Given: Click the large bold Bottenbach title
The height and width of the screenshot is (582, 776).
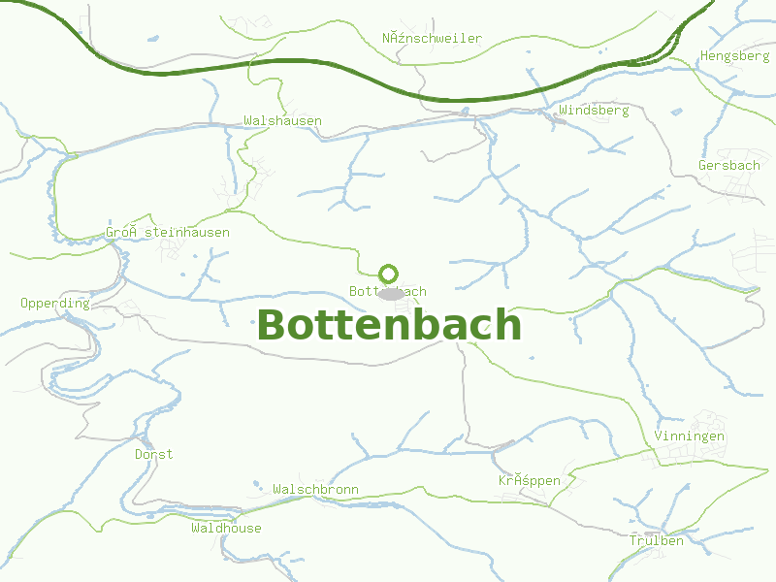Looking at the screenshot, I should click(389, 325).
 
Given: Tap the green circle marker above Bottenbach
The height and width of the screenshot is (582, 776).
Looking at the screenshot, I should click(388, 274).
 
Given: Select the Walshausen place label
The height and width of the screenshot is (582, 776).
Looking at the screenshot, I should click(282, 121).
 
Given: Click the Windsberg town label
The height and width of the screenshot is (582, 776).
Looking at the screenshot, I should click(594, 111).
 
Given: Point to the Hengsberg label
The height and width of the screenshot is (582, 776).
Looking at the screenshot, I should click(734, 56).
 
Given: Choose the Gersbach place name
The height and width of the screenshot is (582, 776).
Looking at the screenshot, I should click(729, 166).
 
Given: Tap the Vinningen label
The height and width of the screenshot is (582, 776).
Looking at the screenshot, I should click(689, 436).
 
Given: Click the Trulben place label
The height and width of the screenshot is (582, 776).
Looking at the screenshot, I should click(656, 540).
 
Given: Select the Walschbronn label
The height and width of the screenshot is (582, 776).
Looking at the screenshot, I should click(315, 490).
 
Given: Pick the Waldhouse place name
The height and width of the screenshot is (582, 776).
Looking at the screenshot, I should click(226, 529).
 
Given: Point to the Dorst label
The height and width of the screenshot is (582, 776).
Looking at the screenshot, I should click(153, 454).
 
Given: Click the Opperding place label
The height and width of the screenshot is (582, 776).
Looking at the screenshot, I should click(54, 304).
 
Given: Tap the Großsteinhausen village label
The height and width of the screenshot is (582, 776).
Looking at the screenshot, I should click(168, 233).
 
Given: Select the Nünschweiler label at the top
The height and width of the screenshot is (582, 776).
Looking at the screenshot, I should click(432, 39).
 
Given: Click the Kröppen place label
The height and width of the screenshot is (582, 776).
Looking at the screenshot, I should click(530, 481).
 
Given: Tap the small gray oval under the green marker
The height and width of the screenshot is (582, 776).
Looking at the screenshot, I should click(390, 293).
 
